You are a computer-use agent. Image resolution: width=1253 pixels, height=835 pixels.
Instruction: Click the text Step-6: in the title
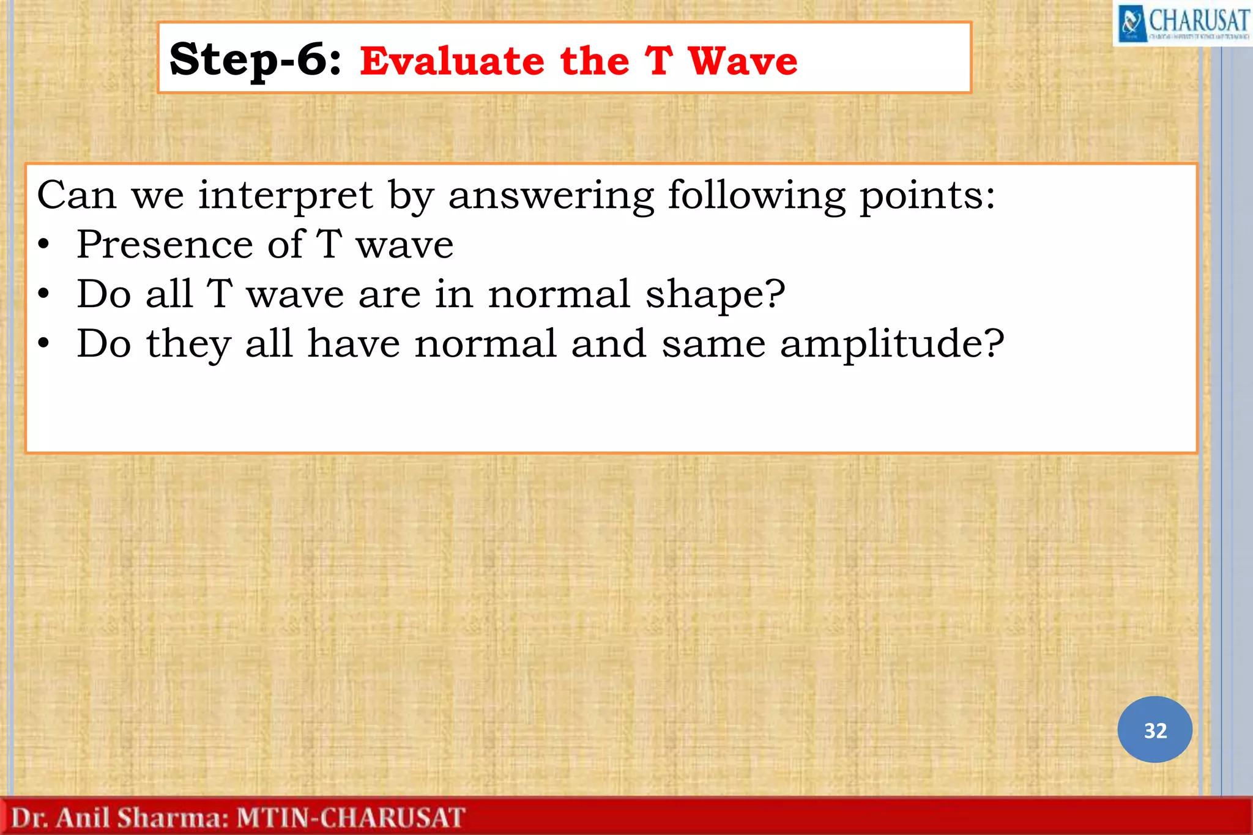pyautogui.click(x=255, y=60)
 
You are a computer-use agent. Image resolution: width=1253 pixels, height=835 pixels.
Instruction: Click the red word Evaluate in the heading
pyautogui.click(x=452, y=61)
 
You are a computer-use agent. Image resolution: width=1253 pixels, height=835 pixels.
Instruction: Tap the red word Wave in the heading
pyautogui.click(x=742, y=61)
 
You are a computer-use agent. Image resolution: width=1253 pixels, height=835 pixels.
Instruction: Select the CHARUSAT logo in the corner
pyautogui.click(x=1182, y=23)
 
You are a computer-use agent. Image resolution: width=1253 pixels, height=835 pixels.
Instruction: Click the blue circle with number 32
pyautogui.click(x=1154, y=729)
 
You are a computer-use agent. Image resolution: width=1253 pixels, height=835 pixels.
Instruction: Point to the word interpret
pyautogui.click(x=285, y=196)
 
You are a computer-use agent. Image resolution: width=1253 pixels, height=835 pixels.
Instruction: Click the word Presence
pyautogui.click(x=164, y=245)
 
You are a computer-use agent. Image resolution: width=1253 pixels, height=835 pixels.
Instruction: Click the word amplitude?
pyautogui.click(x=891, y=344)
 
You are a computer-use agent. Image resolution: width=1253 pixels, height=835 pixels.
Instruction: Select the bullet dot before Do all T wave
pyautogui.click(x=43, y=294)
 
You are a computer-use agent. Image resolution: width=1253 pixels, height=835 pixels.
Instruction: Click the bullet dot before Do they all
pyautogui.click(x=43, y=344)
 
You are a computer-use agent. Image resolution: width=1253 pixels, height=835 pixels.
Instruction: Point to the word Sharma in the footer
pyautogui.click(x=173, y=818)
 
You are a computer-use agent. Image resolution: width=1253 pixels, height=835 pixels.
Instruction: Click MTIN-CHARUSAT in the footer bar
pyautogui.click(x=351, y=818)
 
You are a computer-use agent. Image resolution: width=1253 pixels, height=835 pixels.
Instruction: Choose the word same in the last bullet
pyautogui.click(x=713, y=344)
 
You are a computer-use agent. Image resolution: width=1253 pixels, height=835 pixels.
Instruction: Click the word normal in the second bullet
pyautogui.click(x=559, y=294)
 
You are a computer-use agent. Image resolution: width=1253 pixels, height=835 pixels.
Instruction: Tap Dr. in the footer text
pyautogui.click(x=29, y=818)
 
